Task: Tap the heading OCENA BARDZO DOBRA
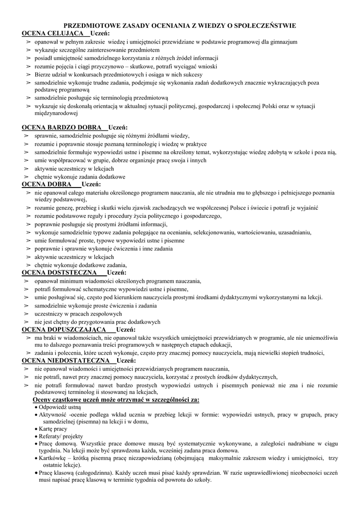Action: point(62,127)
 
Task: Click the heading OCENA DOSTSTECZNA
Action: point(59,272)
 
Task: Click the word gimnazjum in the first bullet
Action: point(283,42)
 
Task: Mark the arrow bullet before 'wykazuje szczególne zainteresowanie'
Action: point(27,51)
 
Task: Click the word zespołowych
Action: point(106,314)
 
